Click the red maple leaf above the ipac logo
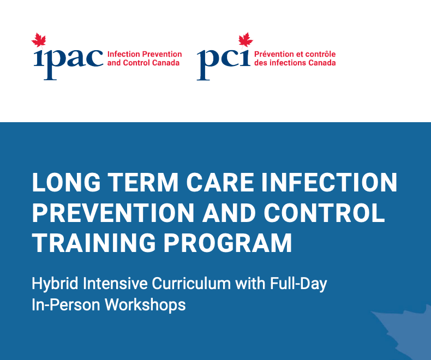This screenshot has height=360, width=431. point(39,40)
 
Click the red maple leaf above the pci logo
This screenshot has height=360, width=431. point(246,40)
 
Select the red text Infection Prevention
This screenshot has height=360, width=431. point(145,55)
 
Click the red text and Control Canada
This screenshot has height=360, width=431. point(143,63)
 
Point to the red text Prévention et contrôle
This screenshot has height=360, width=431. point(295,55)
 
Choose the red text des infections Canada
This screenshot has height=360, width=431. point(295,63)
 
